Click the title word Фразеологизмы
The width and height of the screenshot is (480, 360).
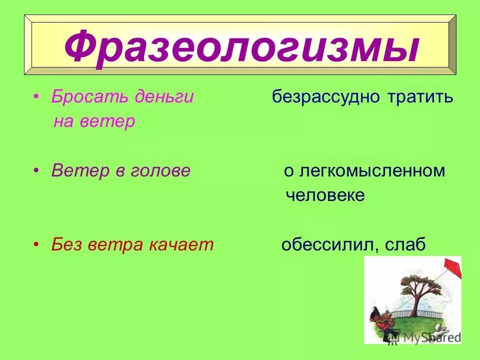point(240,46)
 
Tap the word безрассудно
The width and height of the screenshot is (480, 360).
point(326,97)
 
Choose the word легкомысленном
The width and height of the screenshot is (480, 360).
point(372,171)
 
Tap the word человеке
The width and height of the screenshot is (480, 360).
point(325,195)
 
